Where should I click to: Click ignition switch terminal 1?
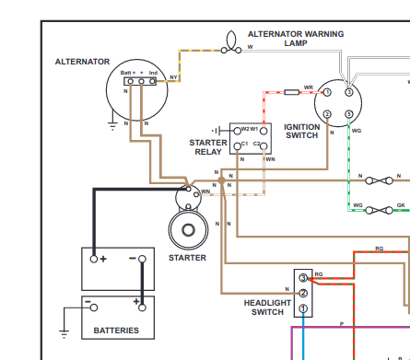click(327, 92)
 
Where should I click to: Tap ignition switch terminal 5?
click(349, 114)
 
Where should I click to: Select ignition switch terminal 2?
click(327, 114)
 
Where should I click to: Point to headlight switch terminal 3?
click(303, 278)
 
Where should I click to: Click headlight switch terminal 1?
click(303, 308)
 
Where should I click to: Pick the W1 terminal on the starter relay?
click(264, 131)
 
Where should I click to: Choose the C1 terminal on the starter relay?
click(237, 146)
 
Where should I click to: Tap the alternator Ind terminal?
click(152, 82)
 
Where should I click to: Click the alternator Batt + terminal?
click(131, 82)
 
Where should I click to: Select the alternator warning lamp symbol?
click(231, 43)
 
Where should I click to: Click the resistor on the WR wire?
click(291, 92)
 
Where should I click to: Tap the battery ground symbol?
click(64, 334)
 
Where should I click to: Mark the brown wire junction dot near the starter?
click(221, 180)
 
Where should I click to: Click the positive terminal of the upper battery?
click(94, 259)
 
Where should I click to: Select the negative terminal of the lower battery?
click(94, 308)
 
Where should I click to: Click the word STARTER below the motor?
click(187, 258)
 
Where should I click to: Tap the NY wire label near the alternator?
click(173, 77)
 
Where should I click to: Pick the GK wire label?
click(401, 205)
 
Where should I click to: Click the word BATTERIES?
click(116, 331)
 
